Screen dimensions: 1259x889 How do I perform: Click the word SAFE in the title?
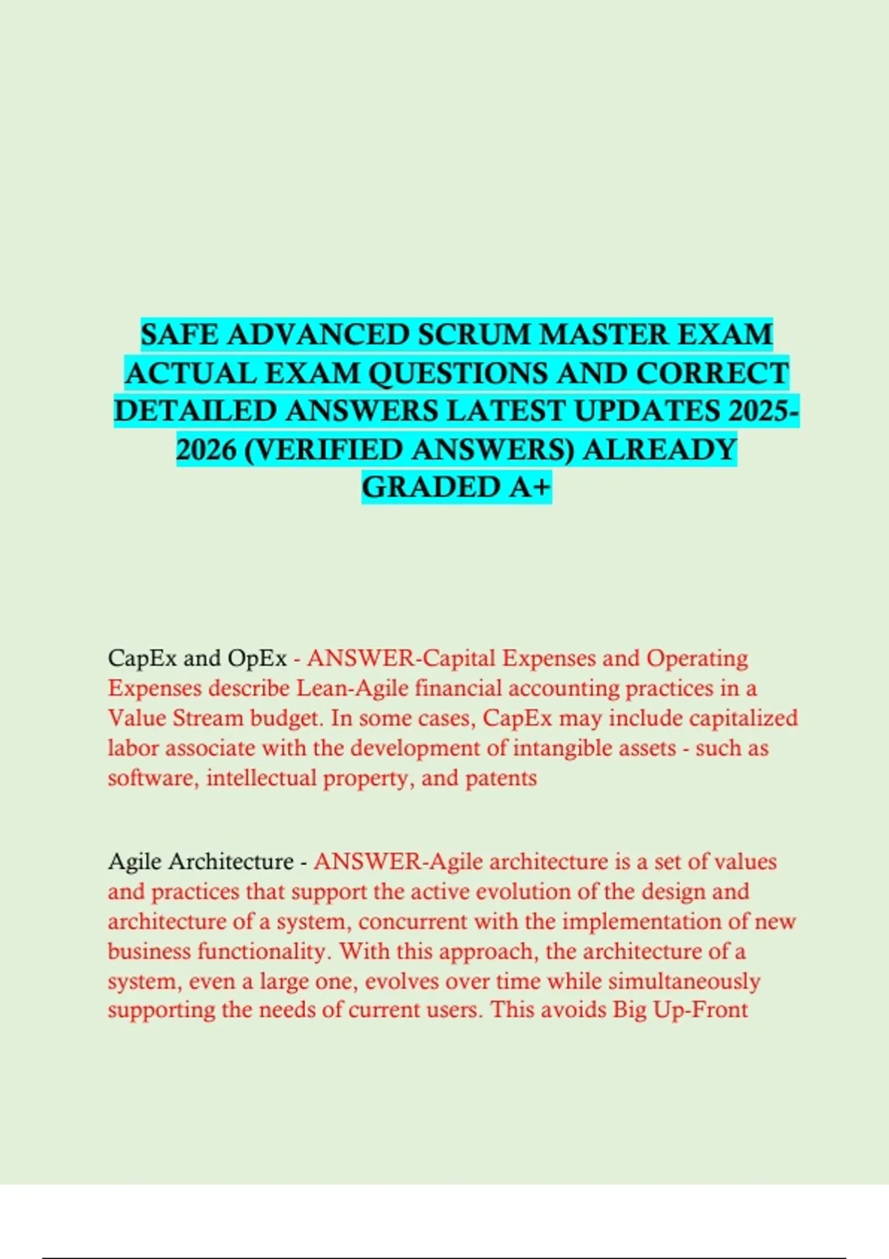(x=180, y=335)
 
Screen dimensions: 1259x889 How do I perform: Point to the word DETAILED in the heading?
(x=196, y=411)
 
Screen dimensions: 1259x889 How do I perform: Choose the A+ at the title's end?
(x=530, y=487)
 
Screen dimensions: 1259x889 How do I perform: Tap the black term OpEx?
(x=257, y=658)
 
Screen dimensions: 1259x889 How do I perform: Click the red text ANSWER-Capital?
(x=401, y=658)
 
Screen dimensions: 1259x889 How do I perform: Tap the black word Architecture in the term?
(x=232, y=862)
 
